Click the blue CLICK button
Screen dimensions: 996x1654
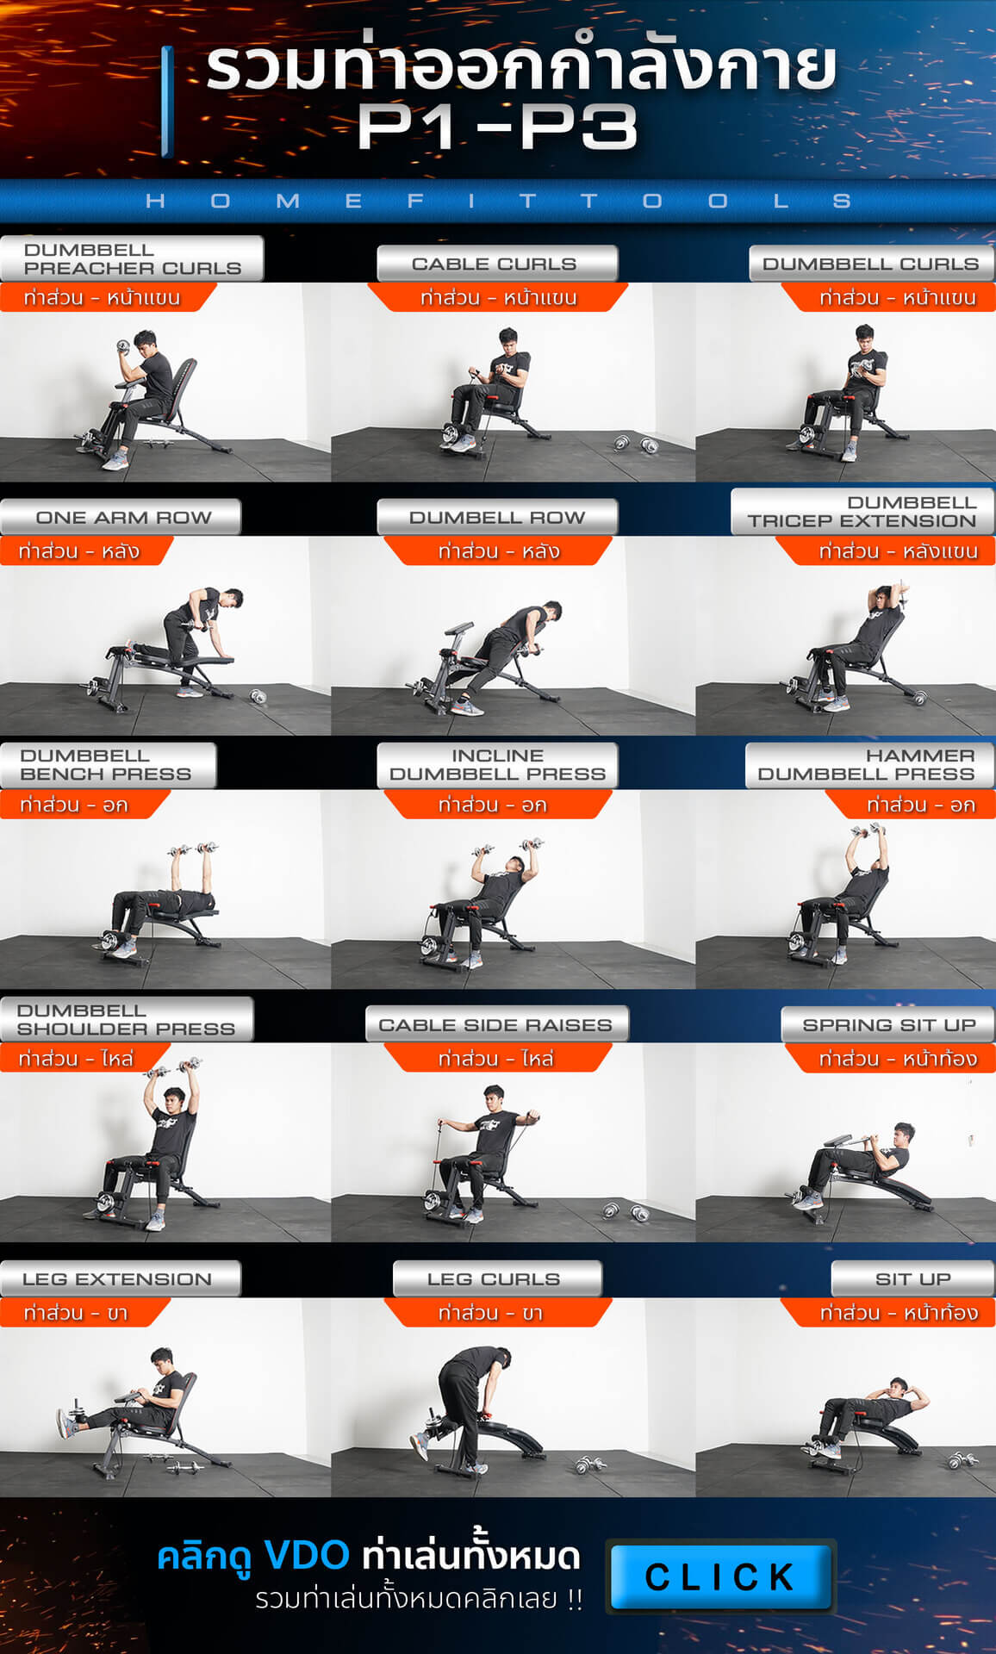coord(721,1576)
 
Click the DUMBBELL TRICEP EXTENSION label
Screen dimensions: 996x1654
coord(862,512)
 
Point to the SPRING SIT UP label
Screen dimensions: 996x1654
coord(888,1024)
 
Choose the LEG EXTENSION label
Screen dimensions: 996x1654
coord(119,1278)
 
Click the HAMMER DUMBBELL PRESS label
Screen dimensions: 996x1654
coord(869,765)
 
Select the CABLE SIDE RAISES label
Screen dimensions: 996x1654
coord(497,1024)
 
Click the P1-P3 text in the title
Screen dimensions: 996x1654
coord(497,127)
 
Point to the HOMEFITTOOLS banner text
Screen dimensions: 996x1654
coord(498,201)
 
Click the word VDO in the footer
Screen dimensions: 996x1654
coord(306,1555)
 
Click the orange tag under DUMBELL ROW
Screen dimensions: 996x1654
coord(497,550)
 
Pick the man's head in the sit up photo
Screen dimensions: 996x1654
coord(898,1386)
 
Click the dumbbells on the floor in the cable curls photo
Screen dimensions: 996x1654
coord(636,445)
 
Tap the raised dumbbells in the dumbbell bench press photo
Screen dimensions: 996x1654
coord(195,849)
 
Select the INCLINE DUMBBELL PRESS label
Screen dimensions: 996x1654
coord(497,765)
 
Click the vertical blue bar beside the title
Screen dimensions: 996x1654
coord(168,102)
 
